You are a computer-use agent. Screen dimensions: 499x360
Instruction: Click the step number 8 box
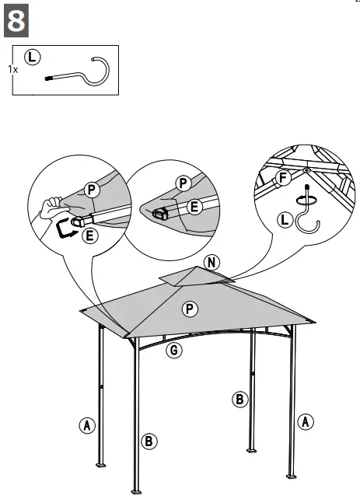(18, 22)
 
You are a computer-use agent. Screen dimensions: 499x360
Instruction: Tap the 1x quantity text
(12, 69)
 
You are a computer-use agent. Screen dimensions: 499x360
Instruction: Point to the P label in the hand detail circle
(92, 189)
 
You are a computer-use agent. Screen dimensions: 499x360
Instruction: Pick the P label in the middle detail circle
(183, 183)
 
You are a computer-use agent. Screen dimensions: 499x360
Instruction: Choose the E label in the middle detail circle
(194, 206)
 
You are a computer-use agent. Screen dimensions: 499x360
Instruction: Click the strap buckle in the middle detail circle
(161, 214)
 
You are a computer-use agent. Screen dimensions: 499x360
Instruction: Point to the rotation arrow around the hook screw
(309, 198)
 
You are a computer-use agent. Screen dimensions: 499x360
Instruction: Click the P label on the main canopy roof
(189, 309)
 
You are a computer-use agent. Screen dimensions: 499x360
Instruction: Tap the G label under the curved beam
(175, 351)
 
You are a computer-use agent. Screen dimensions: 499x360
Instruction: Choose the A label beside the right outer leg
(306, 421)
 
